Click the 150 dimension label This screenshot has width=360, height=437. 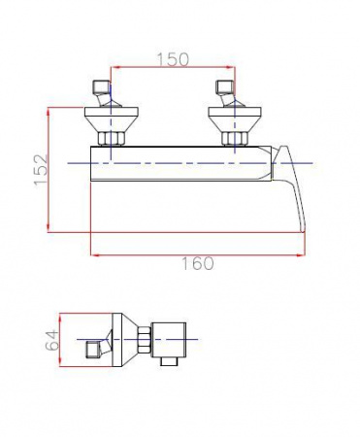[173, 59]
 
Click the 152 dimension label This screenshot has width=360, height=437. [41, 169]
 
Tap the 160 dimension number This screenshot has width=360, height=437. [197, 263]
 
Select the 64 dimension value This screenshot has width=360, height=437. [52, 340]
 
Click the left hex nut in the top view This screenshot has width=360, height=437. [111, 138]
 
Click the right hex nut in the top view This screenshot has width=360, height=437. [235, 138]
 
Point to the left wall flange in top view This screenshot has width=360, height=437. [112, 119]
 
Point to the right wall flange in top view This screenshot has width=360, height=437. [235, 119]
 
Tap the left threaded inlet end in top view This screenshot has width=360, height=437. [99, 86]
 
